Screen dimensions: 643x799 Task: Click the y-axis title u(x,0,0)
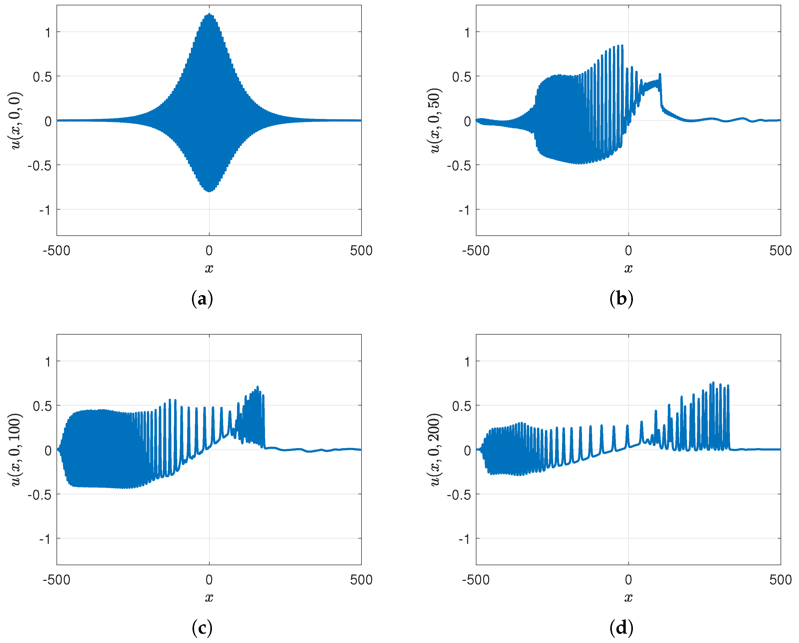pos(15,120)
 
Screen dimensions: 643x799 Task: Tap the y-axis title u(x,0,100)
pos(15,449)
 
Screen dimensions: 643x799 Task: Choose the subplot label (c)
pos(202,628)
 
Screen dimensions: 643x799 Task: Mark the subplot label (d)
pos(621,628)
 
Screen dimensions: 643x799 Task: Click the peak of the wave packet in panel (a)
pos(209,14)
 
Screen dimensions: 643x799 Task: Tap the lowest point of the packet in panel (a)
pos(209,191)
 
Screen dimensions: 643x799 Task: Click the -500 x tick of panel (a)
pos(56,251)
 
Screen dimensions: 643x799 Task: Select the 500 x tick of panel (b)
pos(780,251)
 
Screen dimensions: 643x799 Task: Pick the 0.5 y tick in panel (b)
pos(461,77)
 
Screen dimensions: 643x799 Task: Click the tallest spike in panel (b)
pos(622,46)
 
